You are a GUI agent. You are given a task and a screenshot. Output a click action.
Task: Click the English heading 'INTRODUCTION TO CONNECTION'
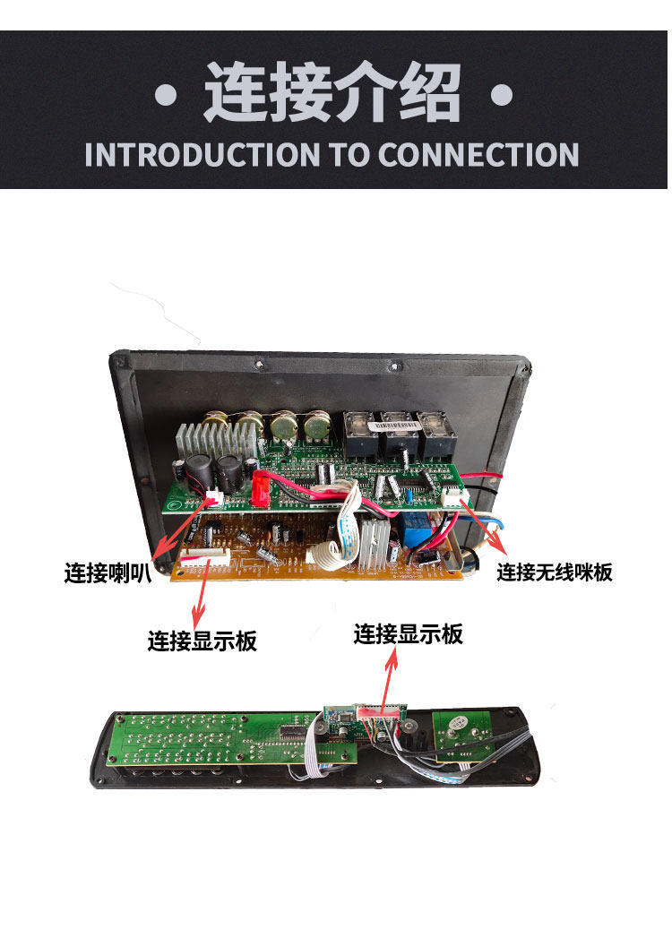[x=332, y=154]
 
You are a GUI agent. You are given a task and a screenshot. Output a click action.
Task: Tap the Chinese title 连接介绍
[x=332, y=92]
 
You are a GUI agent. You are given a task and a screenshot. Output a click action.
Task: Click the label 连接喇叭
[x=108, y=572]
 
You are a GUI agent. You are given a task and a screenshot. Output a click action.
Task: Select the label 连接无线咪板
[x=554, y=572]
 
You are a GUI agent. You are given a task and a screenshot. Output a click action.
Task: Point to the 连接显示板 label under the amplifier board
[x=202, y=641]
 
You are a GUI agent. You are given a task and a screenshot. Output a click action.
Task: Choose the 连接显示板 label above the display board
[x=408, y=633]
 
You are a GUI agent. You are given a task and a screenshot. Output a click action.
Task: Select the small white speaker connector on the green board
[x=214, y=498]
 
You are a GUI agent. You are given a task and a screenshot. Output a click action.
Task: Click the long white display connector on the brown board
[x=205, y=559]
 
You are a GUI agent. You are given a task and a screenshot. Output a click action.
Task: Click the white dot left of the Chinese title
[x=166, y=96]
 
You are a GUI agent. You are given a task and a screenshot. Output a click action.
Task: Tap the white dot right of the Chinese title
[x=502, y=96]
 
